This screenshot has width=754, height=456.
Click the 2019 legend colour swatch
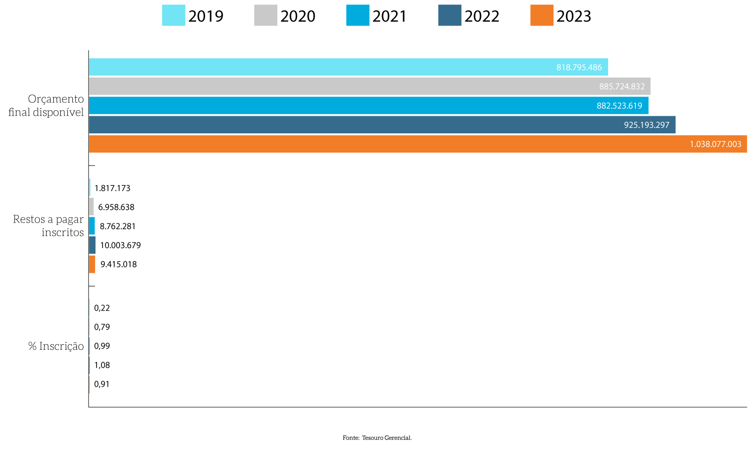click(x=173, y=16)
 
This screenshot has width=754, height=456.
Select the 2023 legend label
click(x=574, y=16)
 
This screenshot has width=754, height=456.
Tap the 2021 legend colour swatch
click(x=357, y=16)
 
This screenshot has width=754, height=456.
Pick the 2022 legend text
click(x=482, y=16)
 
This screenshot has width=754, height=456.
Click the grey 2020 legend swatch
click(x=265, y=16)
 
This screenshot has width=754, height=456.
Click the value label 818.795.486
click(x=579, y=67)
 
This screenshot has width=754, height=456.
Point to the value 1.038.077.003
click(x=715, y=144)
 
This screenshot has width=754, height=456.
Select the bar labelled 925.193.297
click(x=382, y=125)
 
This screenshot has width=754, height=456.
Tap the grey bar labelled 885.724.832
click(x=369, y=87)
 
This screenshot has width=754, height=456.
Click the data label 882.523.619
click(x=619, y=106)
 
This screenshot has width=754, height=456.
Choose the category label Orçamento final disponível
click(x=47, y=106)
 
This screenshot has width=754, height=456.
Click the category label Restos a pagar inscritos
click(x=49, y=225)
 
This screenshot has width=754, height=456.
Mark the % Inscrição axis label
click(x=56, y=346)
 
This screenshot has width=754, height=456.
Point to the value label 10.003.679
click(x=120, y=246)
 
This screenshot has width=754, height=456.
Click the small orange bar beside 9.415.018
click(x=92, y=264)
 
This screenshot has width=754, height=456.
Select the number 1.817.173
click(x=112, y=188)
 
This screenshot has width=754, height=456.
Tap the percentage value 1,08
click(x=102, y=365)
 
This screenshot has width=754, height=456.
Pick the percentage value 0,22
click(x=102, y=308)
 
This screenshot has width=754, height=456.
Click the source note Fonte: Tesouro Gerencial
click(x=377, y=438)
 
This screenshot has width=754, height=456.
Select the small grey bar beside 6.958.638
click(x=91, y=207)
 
